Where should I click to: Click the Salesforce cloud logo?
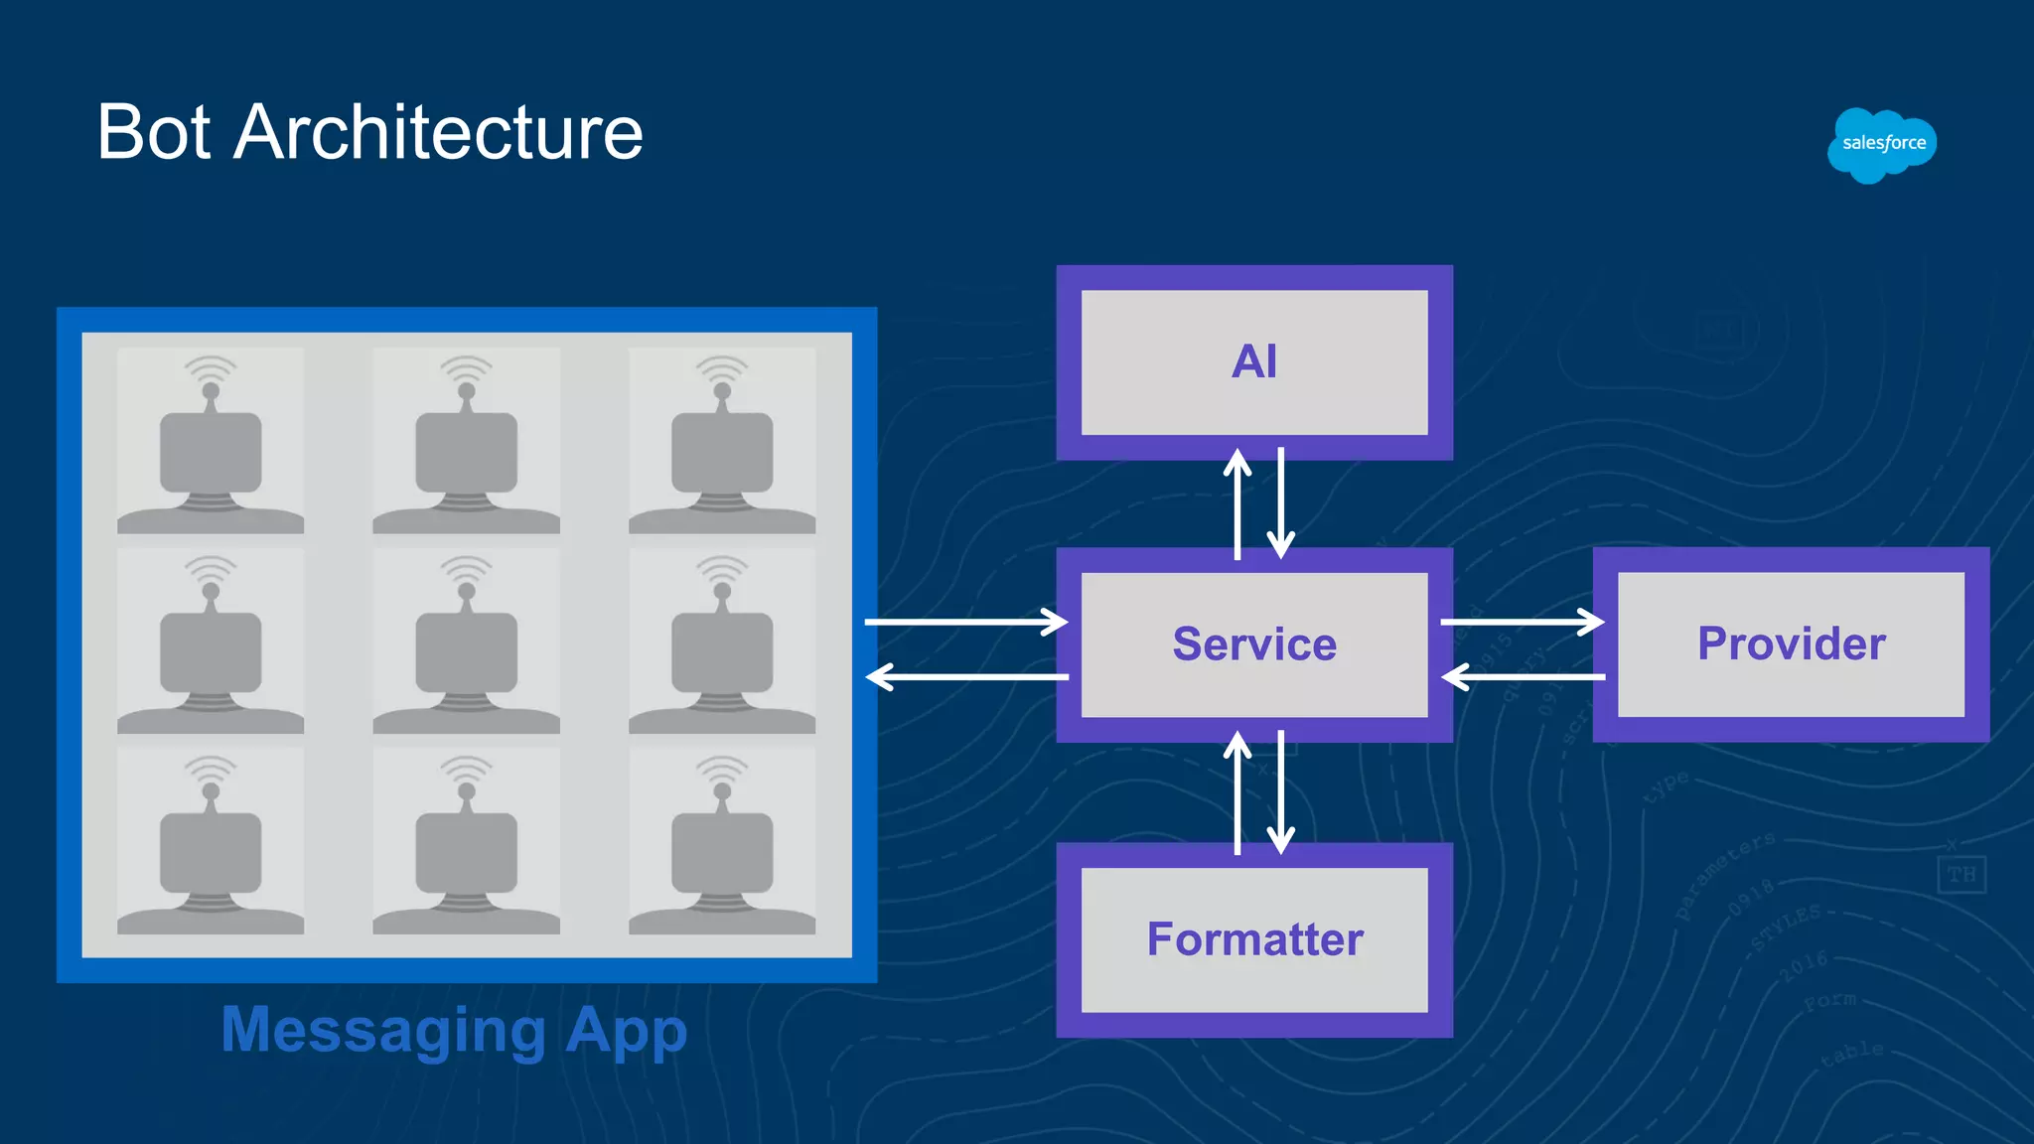[x=1882, y=145]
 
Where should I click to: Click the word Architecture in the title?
[x=438, y=132]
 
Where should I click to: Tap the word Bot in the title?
[x=153, y=132]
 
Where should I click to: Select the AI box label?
[x=1253, y=361]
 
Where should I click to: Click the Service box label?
[x=1253, y=644]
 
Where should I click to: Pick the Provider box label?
[x=1791, y=643]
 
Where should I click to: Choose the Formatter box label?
[x=1254, y=939]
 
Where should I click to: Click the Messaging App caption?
[x=454, y=1030]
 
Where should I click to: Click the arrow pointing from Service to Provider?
[x=1522, y=623]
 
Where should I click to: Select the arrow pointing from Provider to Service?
[x=1522, y=677]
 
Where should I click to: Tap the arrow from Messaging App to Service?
[x=965, y=623]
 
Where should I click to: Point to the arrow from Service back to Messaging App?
[x=965, y=677]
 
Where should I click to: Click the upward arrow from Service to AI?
[x=1236, y=504]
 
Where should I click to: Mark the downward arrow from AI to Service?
[x=1281, y=504]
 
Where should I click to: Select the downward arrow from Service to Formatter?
[x=1281, y=792]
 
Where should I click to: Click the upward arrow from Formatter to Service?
[x=1236, y=792]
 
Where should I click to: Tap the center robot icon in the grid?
[x=466, y=642]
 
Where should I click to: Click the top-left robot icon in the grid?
[x=211, y=441]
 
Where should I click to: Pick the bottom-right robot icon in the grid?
[x=722, y=841]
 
